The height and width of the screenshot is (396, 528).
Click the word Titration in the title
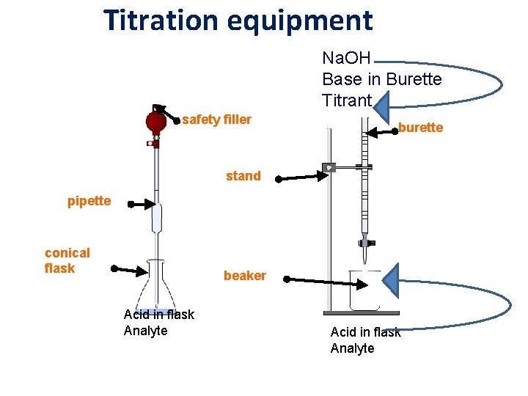click(x=162, y=20)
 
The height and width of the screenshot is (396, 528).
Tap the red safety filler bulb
click(x=155, y=120)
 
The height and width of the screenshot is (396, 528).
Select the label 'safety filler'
click(x=216, y=120)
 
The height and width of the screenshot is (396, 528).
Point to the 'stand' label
click(x=243, y=176)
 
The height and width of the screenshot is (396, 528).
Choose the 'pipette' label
click(x=89, y=201)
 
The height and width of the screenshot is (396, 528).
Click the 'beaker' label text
click(x=244, y=276)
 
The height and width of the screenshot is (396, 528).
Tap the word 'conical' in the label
click(x=67, y=253)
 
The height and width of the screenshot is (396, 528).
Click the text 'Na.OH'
click(x=347, y=57)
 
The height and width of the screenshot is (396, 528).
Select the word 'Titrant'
click(x=347, y=100)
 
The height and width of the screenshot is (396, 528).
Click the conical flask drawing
click(x=155, y=290)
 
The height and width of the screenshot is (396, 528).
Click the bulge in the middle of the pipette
click(x=155, y=218)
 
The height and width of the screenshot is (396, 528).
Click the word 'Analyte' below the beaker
click(x=352, y=348)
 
